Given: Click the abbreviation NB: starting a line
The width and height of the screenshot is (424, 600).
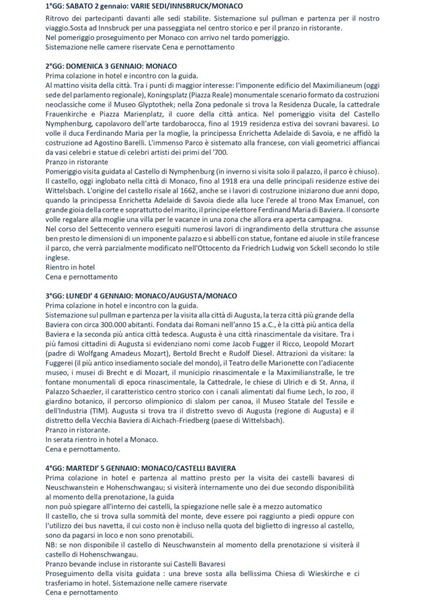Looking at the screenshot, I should coord(52,543).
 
